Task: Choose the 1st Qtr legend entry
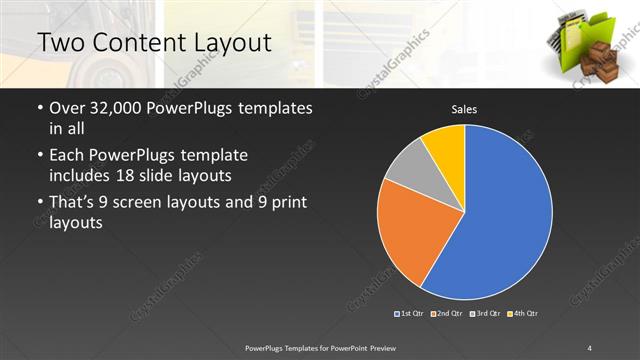[x=410, y=314]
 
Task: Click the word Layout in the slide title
[x=234, y=43]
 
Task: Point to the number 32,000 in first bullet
[x=118, y=108]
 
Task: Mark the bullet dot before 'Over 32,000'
[x=39, y=108]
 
